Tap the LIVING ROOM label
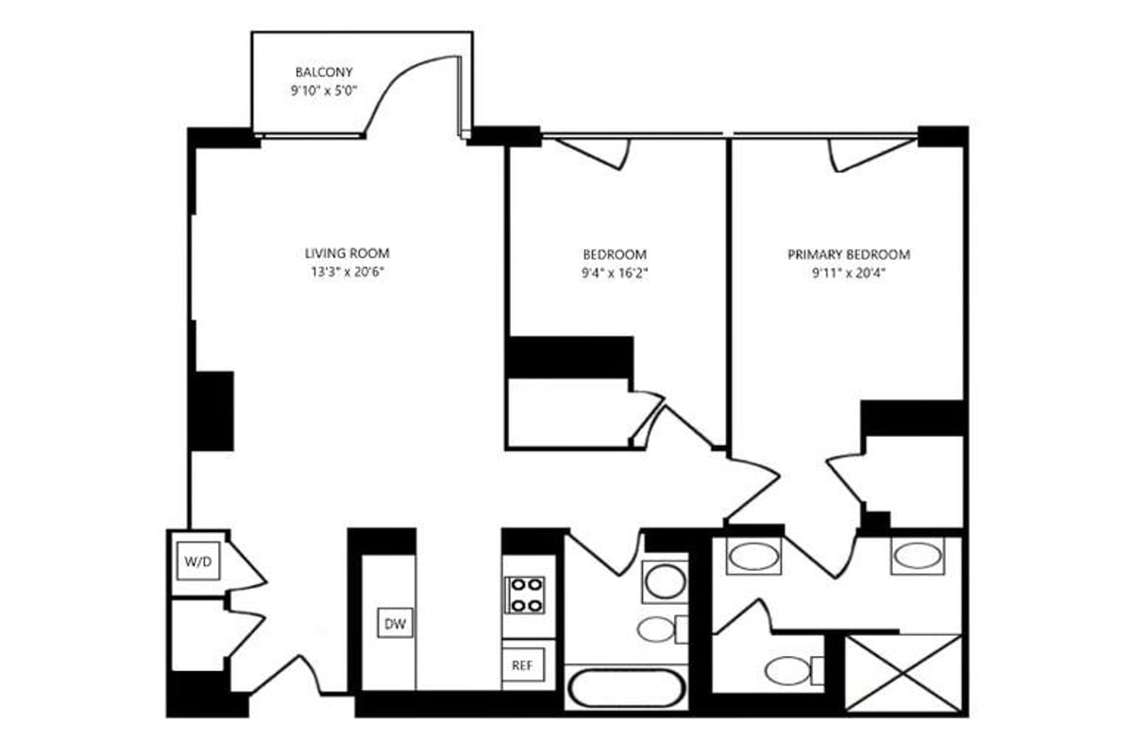coord(347,254)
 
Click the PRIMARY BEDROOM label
coord(849,255)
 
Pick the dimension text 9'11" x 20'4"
coord(849,274)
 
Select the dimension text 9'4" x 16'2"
coord(614,274)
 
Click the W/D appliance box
coord(197,562)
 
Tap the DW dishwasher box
coord(396,623)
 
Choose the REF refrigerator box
coord(522,665)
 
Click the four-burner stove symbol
coord(524,595)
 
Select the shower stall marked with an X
coord(903,674)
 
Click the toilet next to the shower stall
coord(788,671)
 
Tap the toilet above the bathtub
coord(658,629)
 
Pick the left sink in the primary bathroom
coord(753,556)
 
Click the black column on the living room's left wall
coord(212,411)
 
